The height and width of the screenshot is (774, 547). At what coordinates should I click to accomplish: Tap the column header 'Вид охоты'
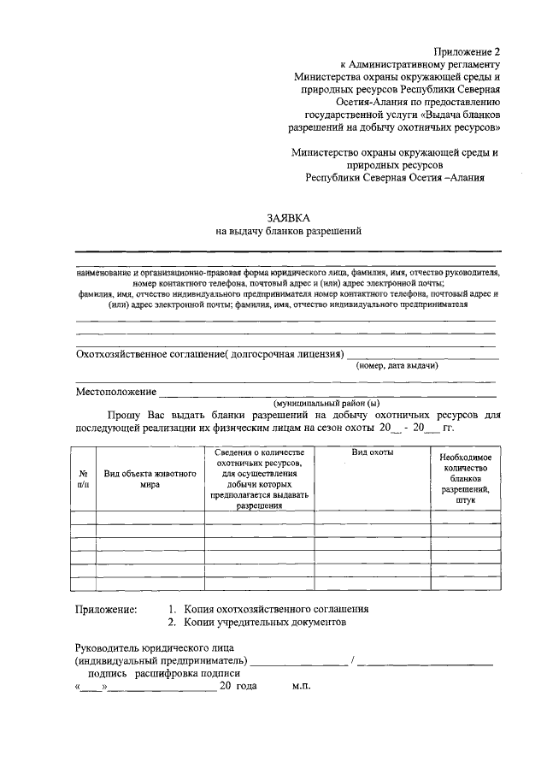pyautogui.click(x=372, y=452)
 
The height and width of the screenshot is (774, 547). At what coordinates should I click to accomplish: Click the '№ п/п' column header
pyautogui.click(x=84, y=478)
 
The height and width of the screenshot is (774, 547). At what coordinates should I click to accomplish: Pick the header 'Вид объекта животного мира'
pyautogui.click(x=150, y=478)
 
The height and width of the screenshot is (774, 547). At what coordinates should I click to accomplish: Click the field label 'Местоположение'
pyautogui.click(x=116, y=392)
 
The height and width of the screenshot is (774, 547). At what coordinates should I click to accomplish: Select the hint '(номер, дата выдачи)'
pyautogui.click(x=397, y=365)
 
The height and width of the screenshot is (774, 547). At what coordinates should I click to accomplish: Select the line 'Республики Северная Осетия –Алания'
pyautogui.click(x=395, y=178)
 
